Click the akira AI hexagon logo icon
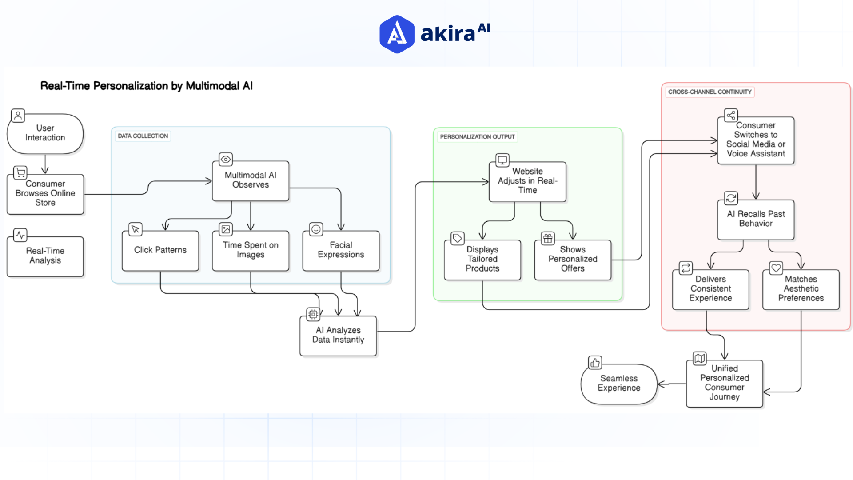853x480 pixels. (397, 34)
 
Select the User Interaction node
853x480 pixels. (45, 133)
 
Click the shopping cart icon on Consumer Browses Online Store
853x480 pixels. (20, 172)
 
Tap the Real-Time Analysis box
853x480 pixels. (45, 256)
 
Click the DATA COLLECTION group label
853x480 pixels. (143, 136)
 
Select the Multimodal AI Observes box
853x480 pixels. (251, 180)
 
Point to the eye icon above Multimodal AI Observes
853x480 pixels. (226, 159)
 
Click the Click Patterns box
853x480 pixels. (160, 250)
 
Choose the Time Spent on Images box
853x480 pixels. (251, 250)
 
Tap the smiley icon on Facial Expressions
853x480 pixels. (316, 229)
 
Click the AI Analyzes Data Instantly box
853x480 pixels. (338, 335)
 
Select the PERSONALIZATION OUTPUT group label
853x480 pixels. (477, 137)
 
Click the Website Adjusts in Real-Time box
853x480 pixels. (527, 181)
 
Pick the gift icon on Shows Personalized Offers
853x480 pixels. (548, 239)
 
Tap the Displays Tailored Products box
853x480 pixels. (482, 259)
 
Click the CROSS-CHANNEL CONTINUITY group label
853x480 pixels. (710, 92)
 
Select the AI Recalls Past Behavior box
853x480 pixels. (756, 219)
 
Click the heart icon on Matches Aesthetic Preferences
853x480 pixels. (776, 268)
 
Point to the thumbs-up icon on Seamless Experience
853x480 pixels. (595, 363)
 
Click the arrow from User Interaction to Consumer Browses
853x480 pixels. (45, 164)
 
